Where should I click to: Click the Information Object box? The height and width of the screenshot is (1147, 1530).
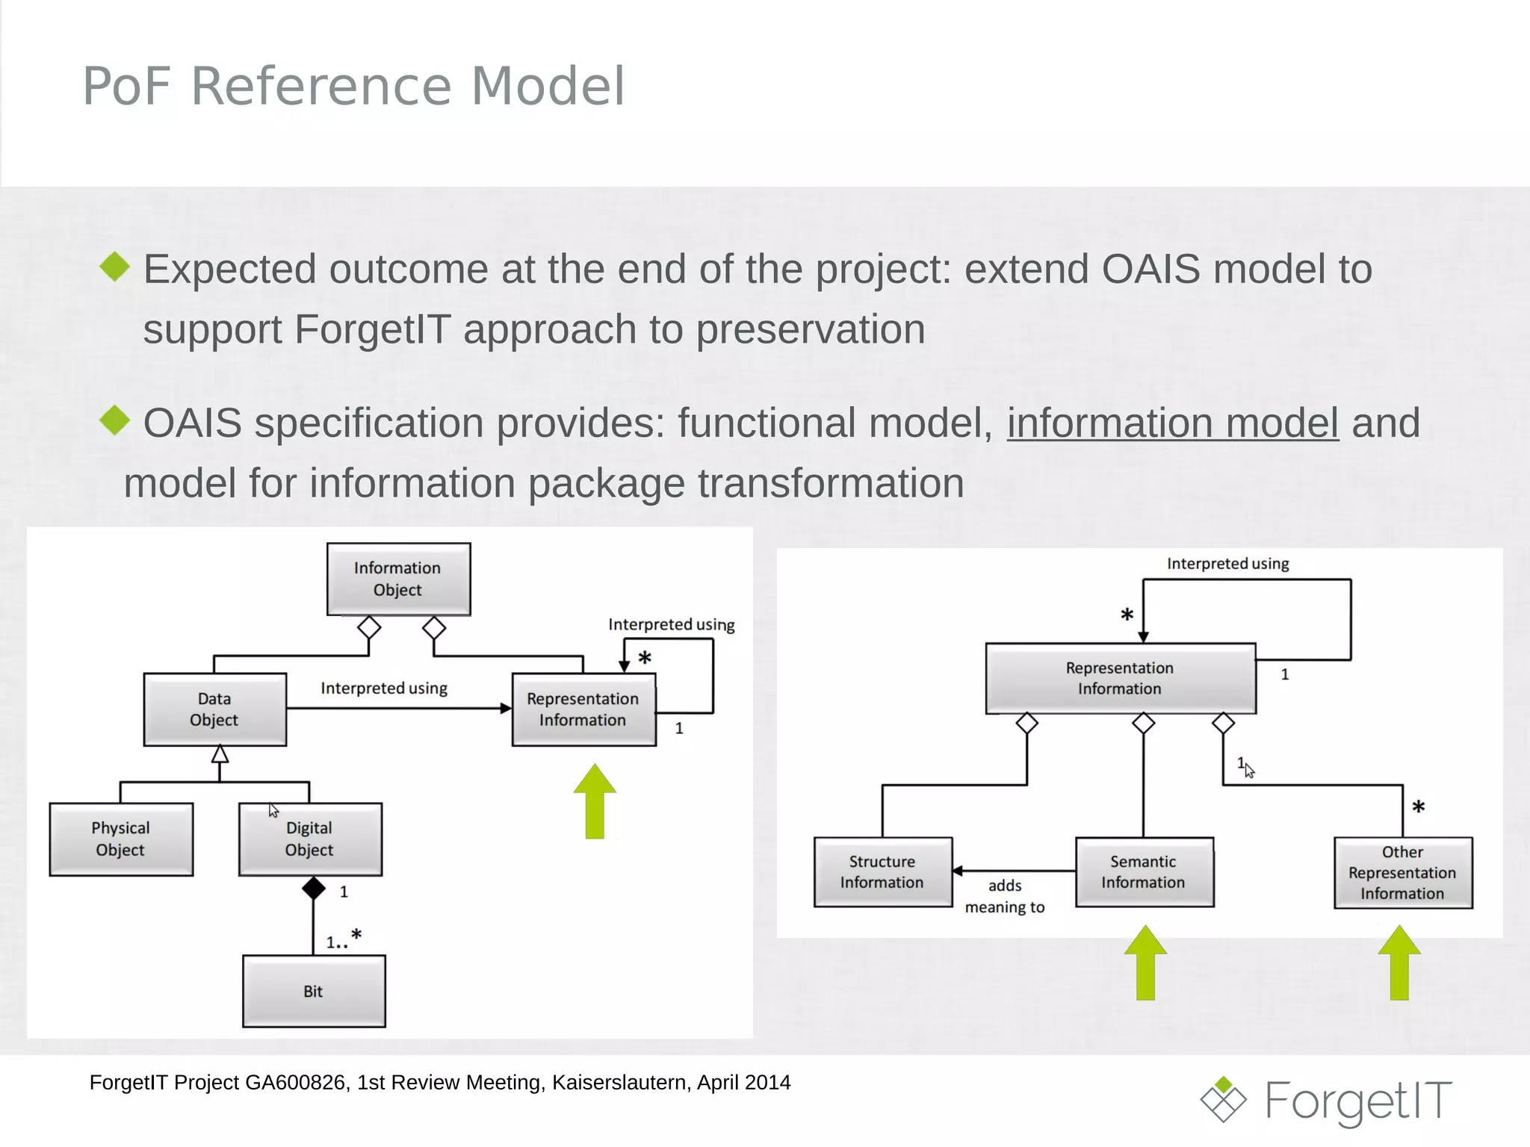tap(398, 579)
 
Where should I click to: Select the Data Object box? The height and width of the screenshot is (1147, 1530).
tap(214, 709)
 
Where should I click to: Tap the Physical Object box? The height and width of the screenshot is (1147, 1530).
tap(121, 839)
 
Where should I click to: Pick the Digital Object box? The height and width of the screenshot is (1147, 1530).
tap(310, 839)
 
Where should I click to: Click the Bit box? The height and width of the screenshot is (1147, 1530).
tap(314, 991)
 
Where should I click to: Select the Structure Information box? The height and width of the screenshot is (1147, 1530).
tap(882, 871)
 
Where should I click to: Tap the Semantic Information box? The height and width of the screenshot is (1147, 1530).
tap(1144, 871)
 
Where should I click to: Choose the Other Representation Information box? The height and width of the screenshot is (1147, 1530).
tap(1403, 872)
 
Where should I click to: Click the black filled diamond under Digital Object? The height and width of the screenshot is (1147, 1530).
tap(314, 889)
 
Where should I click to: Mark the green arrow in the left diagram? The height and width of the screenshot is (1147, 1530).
tap(595, 801)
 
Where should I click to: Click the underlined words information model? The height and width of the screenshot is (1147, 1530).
tap(1172, 423)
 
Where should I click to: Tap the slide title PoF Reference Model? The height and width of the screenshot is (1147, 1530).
tap(353, 86)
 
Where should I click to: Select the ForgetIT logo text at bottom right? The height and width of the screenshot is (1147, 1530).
tap(1358, 1101)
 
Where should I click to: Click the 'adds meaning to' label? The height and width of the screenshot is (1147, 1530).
tap(1005, 896)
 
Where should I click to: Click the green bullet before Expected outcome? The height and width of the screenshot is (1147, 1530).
tap(115, 267)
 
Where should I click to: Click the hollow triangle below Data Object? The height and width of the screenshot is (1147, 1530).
tap(220, 754)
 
